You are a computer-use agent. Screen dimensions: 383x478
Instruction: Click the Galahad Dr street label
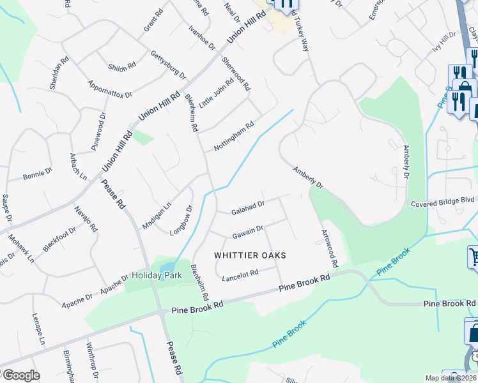point(248,207)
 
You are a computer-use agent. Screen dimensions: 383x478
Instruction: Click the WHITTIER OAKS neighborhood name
point(249,255)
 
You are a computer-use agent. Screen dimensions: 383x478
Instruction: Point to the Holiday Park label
point(157,276)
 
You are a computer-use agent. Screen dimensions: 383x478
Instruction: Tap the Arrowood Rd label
point(329,248)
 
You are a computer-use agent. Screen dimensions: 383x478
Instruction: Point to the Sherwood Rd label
point(236,73)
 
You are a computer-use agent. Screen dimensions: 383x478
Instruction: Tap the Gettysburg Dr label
point(168,64)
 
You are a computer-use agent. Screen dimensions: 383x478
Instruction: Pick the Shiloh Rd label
point(122,65)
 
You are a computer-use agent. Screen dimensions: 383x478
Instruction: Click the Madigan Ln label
point(157,216)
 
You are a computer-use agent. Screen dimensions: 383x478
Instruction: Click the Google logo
point(20,375)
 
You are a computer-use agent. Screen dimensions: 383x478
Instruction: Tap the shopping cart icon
point(474,257)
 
